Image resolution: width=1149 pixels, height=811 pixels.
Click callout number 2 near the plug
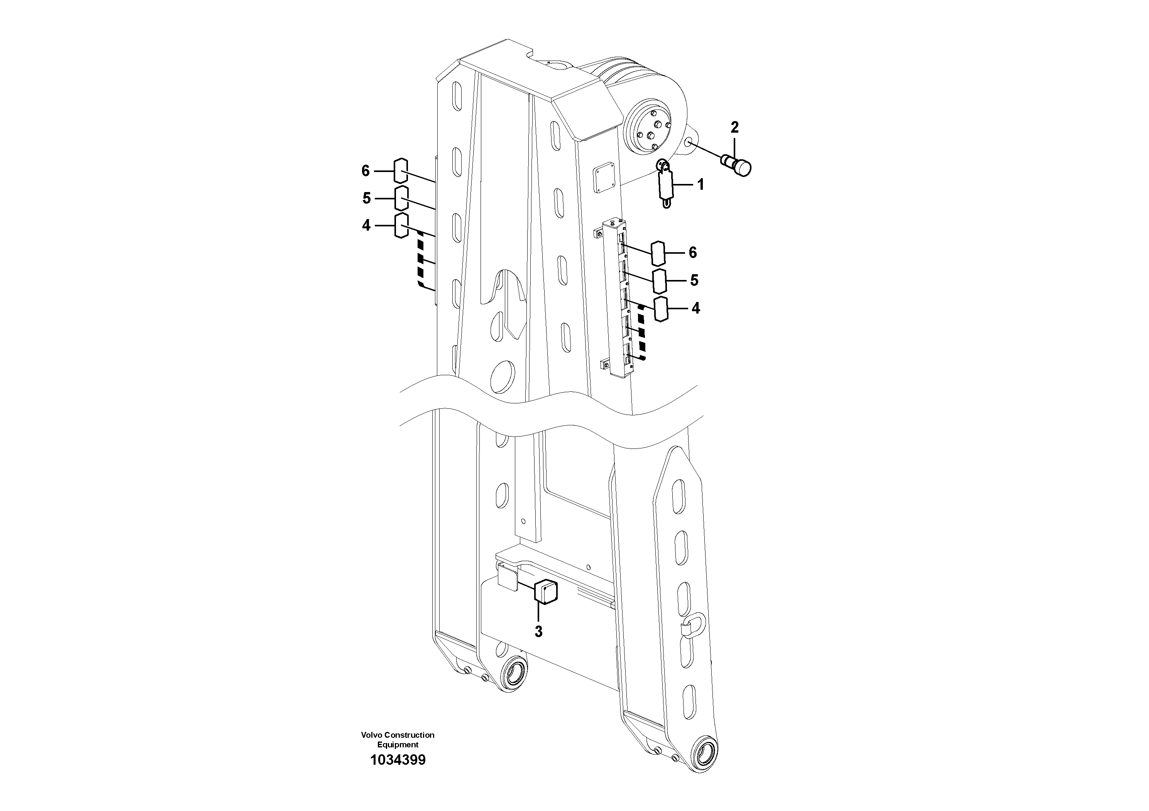coord(734,128)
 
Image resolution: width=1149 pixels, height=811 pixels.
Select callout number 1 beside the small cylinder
coord(701,185)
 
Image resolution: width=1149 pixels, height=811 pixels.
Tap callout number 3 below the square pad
coord(538,632)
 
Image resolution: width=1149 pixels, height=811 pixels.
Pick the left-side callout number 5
coord(367,199)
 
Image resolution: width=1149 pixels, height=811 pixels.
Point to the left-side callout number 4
coord(366,226)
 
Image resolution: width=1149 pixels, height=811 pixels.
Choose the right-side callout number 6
coord(692,253)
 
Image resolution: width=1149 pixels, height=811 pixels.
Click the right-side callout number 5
coord(694,280)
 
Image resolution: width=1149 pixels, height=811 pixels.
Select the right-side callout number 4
coord(695,309)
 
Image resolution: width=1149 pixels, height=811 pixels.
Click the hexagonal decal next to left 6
coord(401,170)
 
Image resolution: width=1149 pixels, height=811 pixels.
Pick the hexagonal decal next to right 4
coord(661,309)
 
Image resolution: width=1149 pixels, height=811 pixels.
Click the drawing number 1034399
coord(398,760)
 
